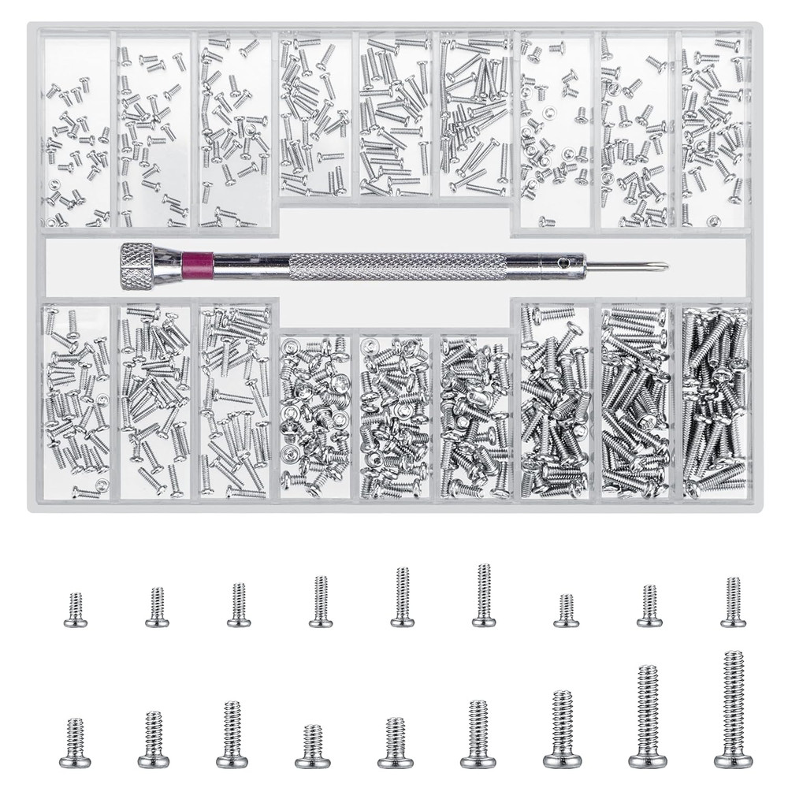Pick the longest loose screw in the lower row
click(733, 709)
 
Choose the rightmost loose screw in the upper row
click(732, 603)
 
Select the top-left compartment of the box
click(76, 130)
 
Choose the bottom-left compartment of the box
click(76, 402)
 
